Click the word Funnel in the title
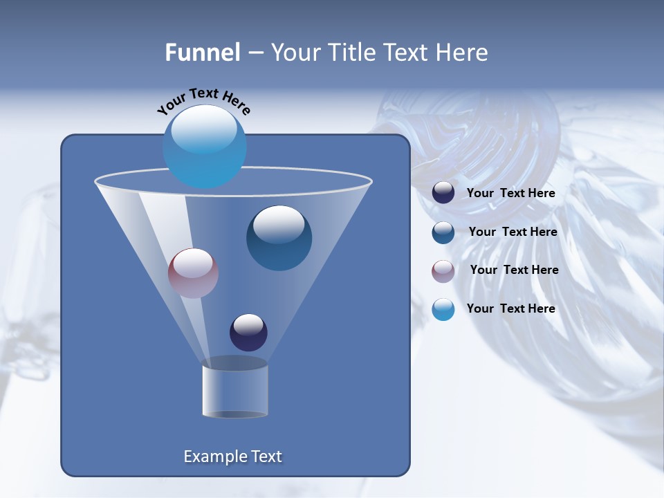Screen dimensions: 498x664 [x=203, y=53]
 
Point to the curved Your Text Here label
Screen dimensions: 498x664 [x=203, y=101]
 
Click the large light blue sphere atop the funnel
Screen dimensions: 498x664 [x=204, y=146]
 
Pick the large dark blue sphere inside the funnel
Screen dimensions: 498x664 [x=279, y=237]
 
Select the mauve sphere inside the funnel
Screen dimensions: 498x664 [x=193, y=273]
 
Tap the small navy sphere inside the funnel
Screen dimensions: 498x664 [x=248, y=332]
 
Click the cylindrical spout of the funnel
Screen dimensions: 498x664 [x=235, y=391]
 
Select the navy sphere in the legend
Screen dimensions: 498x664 [x=443, y=193]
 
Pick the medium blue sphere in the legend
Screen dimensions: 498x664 [x=443, y=232]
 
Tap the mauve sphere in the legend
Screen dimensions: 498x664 [x=443, y=270]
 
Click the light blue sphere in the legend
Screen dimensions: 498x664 [x=443, y=309]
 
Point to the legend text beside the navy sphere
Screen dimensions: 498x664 [x=510, y=193]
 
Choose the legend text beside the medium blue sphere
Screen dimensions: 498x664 [x=513, y=232]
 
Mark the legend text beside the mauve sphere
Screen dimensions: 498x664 [x=514, y=270]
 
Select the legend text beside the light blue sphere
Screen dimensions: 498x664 [x=510, y=308]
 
